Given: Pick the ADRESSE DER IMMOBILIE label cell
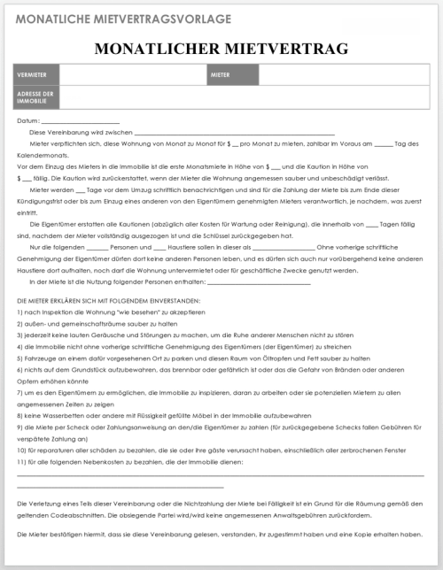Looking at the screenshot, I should [35, 96].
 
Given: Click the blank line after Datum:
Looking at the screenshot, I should [80, 121].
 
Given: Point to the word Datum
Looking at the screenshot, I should [27, 120].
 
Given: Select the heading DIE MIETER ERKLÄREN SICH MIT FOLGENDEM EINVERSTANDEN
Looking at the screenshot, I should [107, 303].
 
